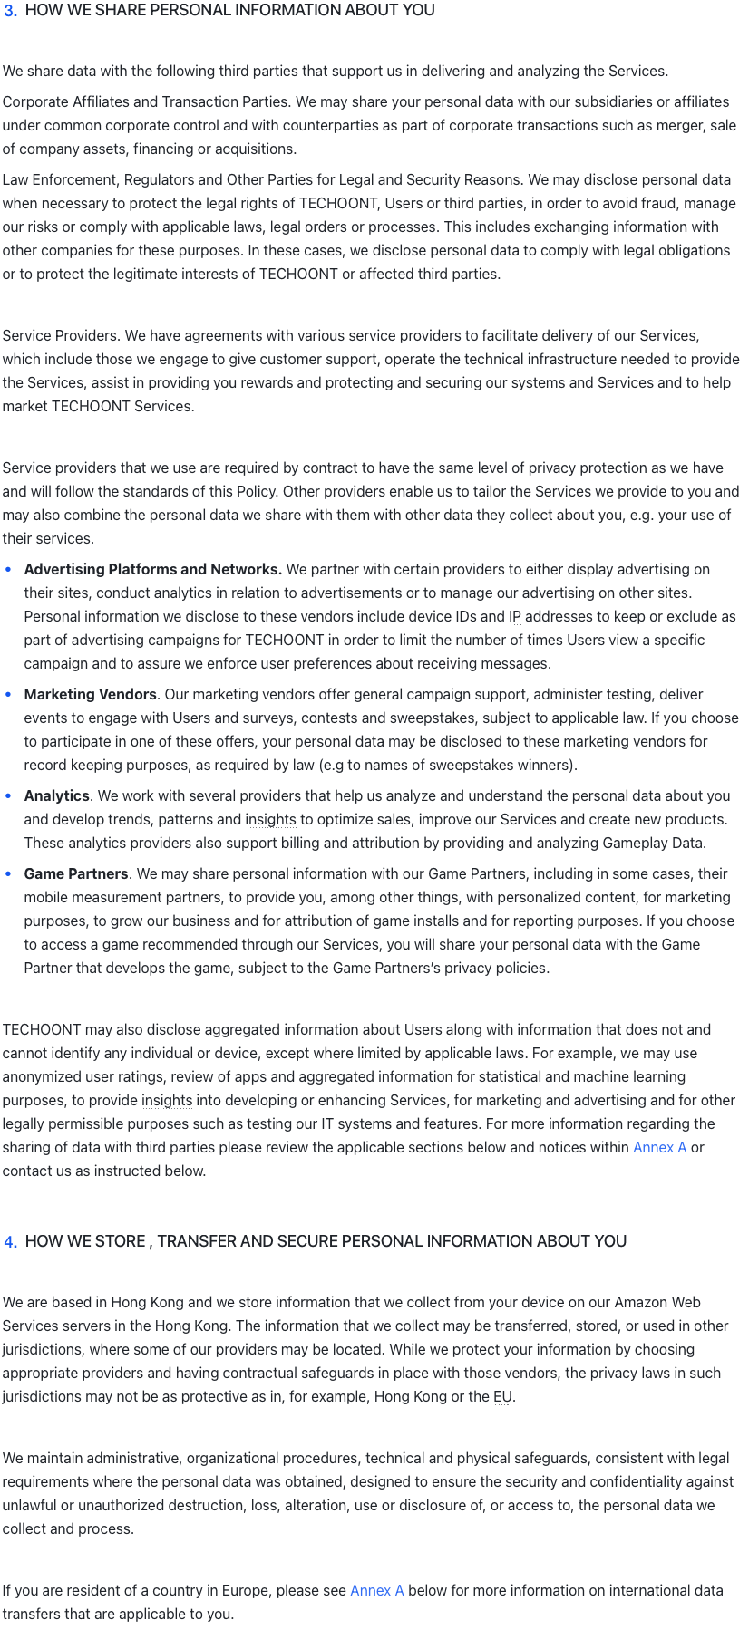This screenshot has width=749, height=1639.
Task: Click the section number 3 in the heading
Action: [10, 12]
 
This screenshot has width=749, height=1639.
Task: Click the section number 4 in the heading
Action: [10, 1242]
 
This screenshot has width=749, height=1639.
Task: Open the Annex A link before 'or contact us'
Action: [659, 1148]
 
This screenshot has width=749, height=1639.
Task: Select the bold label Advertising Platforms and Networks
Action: [152, 570]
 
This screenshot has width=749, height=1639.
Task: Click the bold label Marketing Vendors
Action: [90, 695]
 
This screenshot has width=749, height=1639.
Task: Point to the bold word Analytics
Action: [56, 796]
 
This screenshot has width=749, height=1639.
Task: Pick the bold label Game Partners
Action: [76, 874]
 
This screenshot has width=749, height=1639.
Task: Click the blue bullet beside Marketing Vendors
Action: [9, 695]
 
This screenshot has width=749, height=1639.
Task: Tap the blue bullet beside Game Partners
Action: [9, 874]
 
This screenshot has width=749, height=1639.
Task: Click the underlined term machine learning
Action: [629, 1077]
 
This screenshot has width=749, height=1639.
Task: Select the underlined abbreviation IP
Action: [515, 617]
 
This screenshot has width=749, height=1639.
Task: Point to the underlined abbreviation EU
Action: [502, 1397]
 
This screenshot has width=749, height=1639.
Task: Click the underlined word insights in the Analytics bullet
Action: [270, 820]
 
